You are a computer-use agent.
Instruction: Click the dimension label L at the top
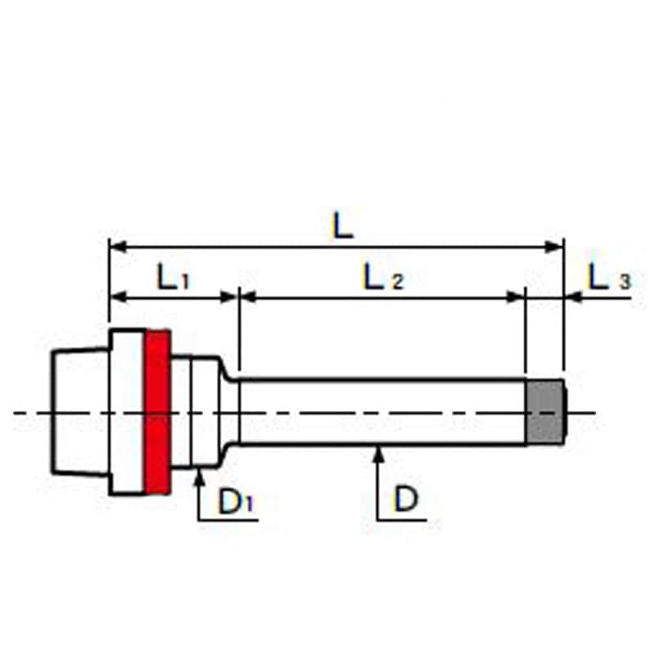pos(342,226)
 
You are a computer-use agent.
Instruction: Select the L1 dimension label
pos(173,277)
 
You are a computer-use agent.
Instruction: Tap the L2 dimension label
pos(383,277)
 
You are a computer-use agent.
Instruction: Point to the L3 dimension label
pos(609,277)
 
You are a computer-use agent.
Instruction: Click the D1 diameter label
pos(236,501)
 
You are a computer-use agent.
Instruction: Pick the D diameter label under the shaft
pos(405,499)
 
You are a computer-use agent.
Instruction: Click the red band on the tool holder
pos(157,412)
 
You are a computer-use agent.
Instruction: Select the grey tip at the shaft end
pos(545,412)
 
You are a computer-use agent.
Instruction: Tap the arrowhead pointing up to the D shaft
pos(378,454)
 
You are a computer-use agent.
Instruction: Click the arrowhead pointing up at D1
pos(200,477)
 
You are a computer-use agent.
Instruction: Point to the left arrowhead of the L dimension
pos(118,247)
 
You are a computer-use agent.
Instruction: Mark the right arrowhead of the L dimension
pos(555,247)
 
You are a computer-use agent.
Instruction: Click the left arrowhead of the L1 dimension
pos(118,297)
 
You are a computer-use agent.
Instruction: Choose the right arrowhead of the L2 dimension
pos(516,297)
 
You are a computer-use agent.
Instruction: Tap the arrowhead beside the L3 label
pos(573,297)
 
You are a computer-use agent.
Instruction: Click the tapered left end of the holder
pos(80,412)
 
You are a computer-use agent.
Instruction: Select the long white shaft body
pos(382,412)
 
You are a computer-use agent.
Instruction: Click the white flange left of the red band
pos(128,412)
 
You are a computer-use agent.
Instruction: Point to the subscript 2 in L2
pos(397,282)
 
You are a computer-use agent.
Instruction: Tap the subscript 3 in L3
pos(625,282)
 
